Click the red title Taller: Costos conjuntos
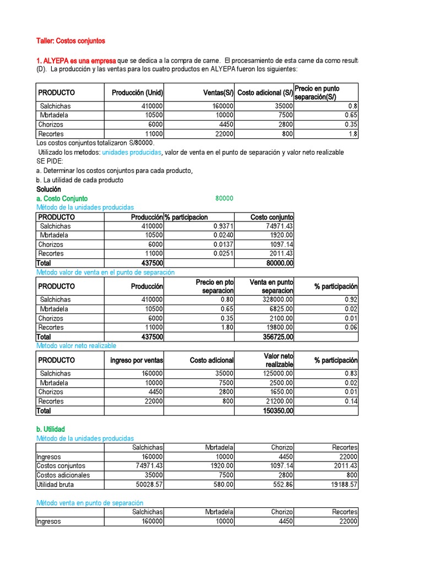(x=70, y=41)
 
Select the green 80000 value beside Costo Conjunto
(x=224, y=198)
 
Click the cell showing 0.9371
(x=224, y=226)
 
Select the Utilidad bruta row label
(x=55, y=485)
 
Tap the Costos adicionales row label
(x=63, y=475)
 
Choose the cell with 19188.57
(x=341, y=485)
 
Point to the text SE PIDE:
(x=50, y=161)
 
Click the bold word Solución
(x=48, y=189)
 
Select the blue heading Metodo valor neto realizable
(x=76, y=346)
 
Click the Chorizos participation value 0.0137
(x=224, y=245)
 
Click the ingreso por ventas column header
(x=137, y=360)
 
